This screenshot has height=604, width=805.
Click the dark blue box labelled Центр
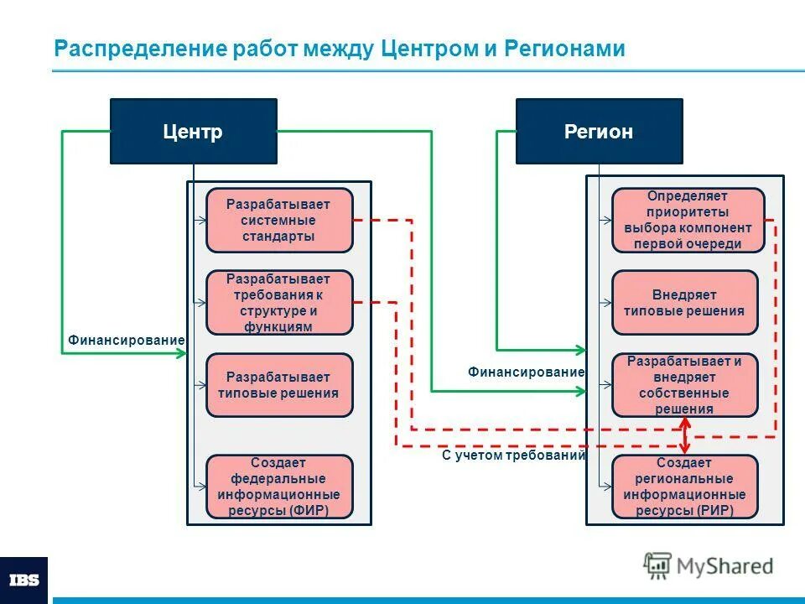(x=193, y=132)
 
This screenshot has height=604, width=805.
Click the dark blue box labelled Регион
(x=599, y=132)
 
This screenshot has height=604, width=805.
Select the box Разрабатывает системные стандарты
(x=279, y=220)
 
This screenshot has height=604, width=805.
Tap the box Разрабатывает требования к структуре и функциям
(x=279, y=303)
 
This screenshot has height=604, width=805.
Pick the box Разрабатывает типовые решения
(x=279, y=385)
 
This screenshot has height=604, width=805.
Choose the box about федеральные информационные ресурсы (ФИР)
(x=279, y=487)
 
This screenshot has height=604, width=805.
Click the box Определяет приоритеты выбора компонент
(x=688, y=220)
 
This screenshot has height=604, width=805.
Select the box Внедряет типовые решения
(x=684, y=303)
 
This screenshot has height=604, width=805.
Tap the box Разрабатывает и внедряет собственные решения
(x=684, y=385)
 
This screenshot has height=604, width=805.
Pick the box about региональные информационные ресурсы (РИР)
(x=684, y=487)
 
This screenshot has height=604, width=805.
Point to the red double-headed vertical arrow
(x=686, y=435)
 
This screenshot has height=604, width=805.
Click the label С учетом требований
(x=513, y=456)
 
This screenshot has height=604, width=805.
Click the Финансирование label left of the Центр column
(x=126, y=340)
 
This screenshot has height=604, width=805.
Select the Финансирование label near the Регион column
(x=526, y=371)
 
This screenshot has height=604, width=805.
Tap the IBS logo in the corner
(x=23, y=580)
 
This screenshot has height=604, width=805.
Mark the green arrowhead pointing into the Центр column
(x=181, y=353)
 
